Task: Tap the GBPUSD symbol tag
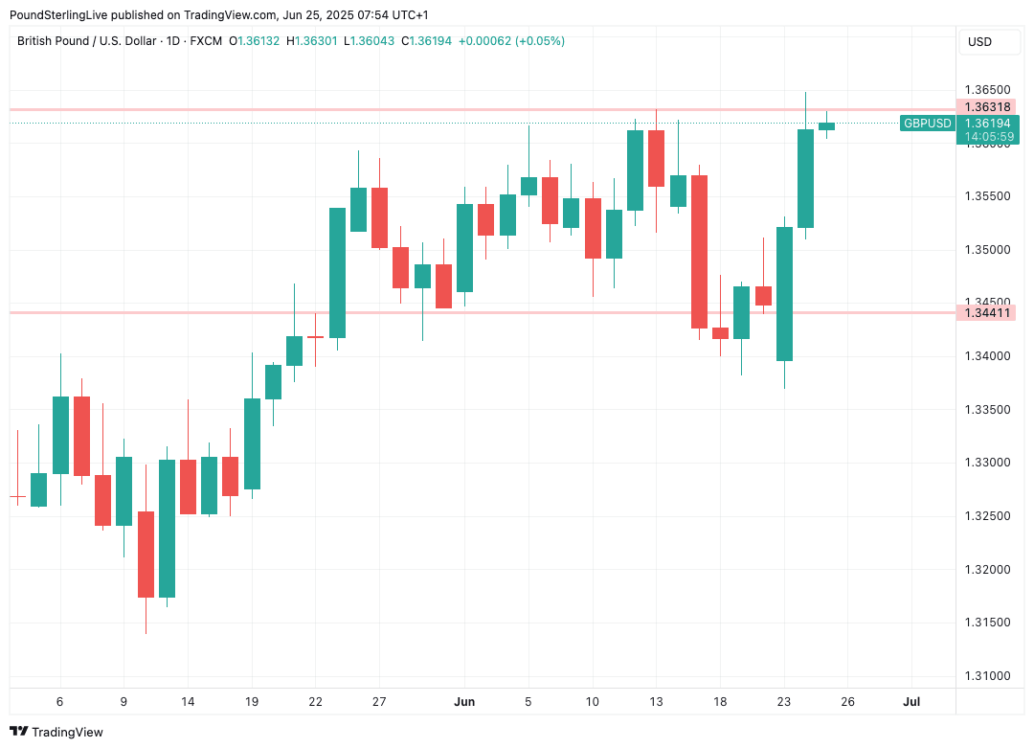pyautogui.click(x=928, y=124)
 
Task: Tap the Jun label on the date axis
pyautogui.click(x=464, y=702)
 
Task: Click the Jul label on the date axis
pyautogui.click(x=911, y=702)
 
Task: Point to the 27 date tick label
pyautogui.click(x=379, y=702)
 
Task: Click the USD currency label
pyautogui.click(x=979, y=42)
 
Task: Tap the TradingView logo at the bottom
pyautogui.click(x=56, y=732)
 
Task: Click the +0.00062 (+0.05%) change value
pyautogui.click(x=512, y=41)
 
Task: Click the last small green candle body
pyautogui.click(x=826, y=125)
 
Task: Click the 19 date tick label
pyautogui.click(x=252, y=702)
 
